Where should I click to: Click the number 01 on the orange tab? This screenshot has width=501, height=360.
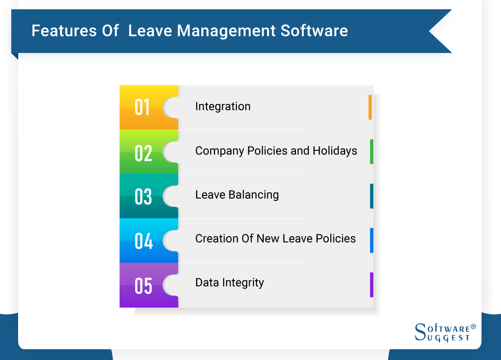(x=142, y=107)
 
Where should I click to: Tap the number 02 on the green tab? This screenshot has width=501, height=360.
(x=143, y=154)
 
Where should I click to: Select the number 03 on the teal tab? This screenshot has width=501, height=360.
(x=143, y=196)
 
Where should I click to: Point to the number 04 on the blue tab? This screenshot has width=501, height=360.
(x=144, y=241)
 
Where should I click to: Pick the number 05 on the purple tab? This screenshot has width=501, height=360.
(x=143, y=286)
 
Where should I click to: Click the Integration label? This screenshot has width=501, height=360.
(x=223, y=106)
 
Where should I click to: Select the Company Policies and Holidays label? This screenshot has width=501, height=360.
(x=276, y=151)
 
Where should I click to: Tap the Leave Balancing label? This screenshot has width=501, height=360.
(x=237, y=194)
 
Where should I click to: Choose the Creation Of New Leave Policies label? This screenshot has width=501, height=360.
(x=276, y=238)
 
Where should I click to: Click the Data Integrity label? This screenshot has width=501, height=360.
(x=230, y=283)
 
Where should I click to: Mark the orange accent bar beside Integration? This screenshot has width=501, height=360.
(x=370, y=107)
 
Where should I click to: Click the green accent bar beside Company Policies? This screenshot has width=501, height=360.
(x=372, y=152)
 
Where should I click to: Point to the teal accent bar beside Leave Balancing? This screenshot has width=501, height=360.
(x=372, y=196)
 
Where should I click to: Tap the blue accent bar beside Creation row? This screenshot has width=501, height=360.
(x=372, y=240)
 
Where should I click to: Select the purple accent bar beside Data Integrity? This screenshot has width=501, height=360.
(x=372, y=285)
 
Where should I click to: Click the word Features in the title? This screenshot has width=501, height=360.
(x=64, y=31)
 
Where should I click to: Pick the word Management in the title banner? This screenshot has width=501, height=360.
(x=226, y=32)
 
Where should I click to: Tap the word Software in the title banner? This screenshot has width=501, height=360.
(x=314, y=31)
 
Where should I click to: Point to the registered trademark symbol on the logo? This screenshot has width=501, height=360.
(x=473, y=327)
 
